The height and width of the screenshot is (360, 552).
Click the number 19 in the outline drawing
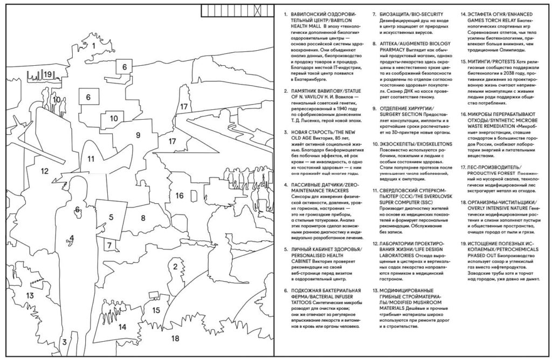48,74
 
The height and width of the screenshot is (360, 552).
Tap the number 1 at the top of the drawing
94,46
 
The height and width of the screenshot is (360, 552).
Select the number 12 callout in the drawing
45,171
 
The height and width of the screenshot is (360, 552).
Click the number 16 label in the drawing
180,196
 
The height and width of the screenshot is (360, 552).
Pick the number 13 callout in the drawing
30,295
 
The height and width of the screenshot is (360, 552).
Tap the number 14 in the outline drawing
122,327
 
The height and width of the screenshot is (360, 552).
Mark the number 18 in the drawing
175,338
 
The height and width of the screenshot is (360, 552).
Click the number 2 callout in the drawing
175,266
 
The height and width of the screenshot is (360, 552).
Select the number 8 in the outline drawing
143,218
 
